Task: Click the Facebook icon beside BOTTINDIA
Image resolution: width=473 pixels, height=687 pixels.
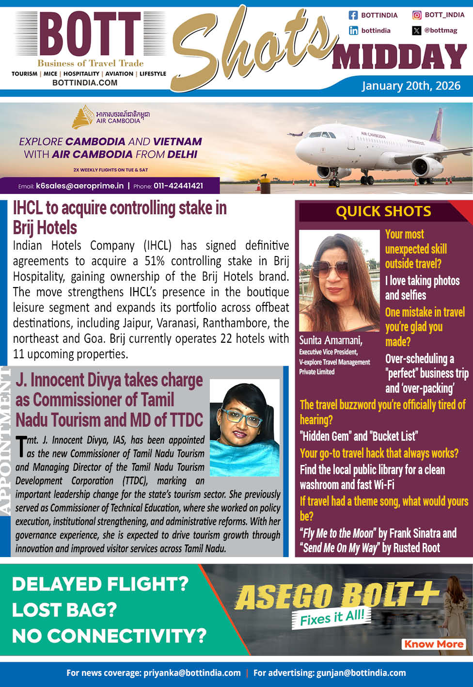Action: click(353, 15)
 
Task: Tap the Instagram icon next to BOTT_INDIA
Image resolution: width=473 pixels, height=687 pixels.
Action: click(417, 15)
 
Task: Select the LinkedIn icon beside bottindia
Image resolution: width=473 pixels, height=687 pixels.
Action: click(353, 31)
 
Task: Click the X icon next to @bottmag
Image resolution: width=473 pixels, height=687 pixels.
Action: click(417, 31)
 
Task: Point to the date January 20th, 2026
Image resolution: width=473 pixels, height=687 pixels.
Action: click(411, 86)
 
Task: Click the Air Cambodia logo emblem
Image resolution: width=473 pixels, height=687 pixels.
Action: click(82, 116)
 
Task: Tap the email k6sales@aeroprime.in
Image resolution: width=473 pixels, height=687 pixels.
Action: click(79, 186)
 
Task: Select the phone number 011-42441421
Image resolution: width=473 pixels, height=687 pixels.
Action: click(178, 186)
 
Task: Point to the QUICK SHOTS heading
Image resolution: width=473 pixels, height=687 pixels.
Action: click(383, 211)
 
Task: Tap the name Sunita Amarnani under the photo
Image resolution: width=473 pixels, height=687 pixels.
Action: click(331, 340)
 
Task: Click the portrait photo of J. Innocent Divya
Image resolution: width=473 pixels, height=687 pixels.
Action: click(245, 427)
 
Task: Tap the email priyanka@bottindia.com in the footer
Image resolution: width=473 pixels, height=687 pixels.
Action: click(192, 673)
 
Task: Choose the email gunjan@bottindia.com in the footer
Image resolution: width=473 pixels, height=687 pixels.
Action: click(361, 673)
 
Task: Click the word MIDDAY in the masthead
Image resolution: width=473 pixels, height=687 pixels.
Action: click(400, 57)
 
